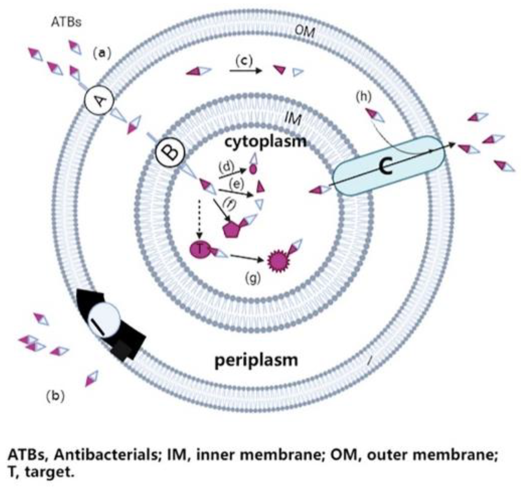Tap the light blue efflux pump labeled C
pos(388,166)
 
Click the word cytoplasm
pos(265,142)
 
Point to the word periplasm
pos(256,360)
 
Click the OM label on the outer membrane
pos(304,32)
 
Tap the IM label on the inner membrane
pos(293,119)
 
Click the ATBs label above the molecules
pos(66,23)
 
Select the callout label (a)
pos(102,53)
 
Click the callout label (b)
pos(55,396)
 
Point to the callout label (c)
pos(244,61)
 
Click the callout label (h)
pos(364,97)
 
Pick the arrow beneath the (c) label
pos(245,70)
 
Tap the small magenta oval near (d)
pos(253,170)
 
